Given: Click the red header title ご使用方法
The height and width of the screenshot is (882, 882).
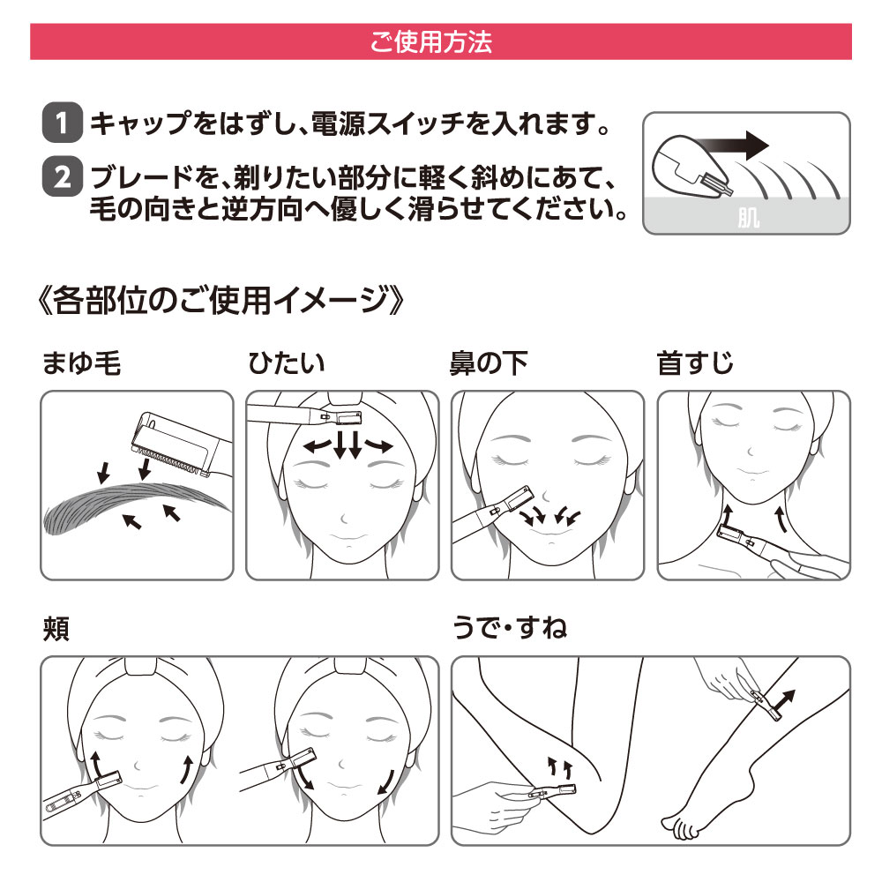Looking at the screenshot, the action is click(x=431, y=42).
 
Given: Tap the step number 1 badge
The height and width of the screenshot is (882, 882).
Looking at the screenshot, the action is click(x=63, y=122).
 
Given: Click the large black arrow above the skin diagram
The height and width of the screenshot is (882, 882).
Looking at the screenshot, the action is click(x=731, y=146).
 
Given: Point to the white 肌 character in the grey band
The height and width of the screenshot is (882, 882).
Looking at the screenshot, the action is click(x=748, y=218).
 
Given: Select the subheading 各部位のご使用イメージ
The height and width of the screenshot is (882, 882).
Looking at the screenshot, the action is click(x=220, y=300).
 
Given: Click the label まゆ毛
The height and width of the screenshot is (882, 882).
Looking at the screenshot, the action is click(x=82, y=363).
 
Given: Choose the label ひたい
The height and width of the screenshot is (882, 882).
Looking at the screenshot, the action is click(x=287, y=363).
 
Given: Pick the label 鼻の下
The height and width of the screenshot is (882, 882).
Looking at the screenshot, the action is click(x=489, y=363).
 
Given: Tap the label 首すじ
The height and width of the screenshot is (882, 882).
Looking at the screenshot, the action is click(x=695, y=363).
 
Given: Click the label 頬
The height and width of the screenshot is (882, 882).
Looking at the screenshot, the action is click(x=56, y=628).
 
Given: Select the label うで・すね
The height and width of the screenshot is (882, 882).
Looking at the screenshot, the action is click(x=510, y=628).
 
